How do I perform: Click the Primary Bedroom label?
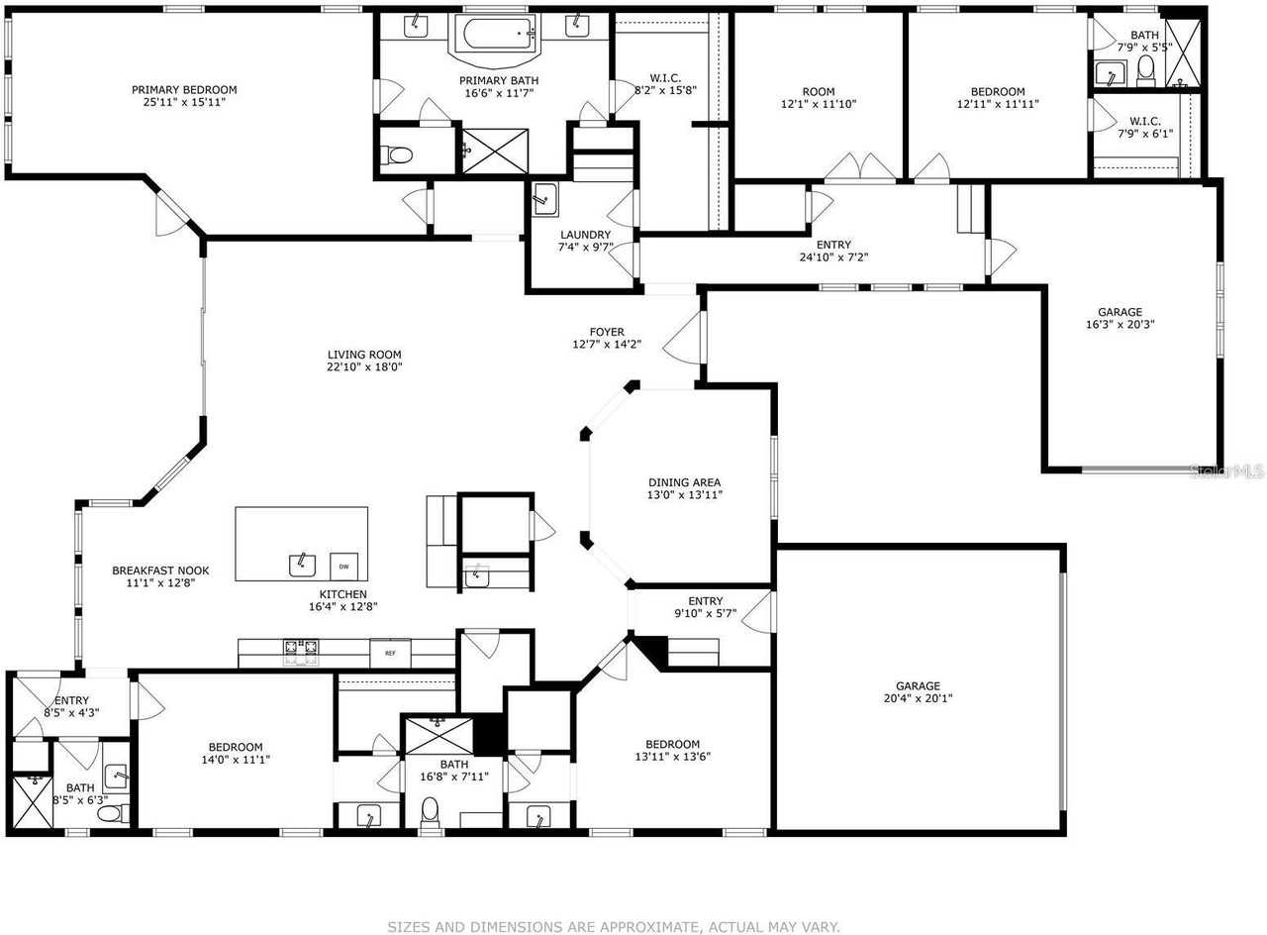click(x=184, y=90)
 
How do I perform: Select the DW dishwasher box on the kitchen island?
click(x=343, y=566)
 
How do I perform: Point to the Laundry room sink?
click(x=545, y=198)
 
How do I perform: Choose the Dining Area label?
click(x=685, y=482)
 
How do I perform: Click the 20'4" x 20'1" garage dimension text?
click(x=918, y=698)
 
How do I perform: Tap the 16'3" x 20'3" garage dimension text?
click(x=1120, y=324)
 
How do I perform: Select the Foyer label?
click(x=607, y=332)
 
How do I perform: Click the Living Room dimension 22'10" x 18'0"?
click(x=364, y=366)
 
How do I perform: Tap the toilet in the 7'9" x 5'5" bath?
click(x=1146, y=69)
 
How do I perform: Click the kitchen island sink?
click(x=302, y=565)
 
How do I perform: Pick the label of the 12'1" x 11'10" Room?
click(x=819, y=91)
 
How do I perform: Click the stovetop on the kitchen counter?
click(x=301, y=651)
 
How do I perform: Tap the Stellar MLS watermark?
click(x=1226, y=472)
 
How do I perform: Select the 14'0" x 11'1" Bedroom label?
click(x=235, y=747)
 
